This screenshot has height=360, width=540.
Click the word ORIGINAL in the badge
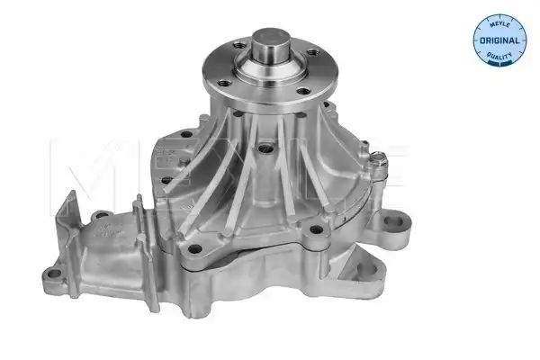499,40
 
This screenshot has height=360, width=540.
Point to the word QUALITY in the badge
499,55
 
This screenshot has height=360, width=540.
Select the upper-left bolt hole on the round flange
239,45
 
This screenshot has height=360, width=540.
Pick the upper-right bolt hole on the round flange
312,53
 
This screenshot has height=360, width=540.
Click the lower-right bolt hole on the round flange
303,91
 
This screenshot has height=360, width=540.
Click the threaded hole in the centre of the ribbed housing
265,148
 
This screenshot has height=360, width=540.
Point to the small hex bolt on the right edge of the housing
378,158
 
